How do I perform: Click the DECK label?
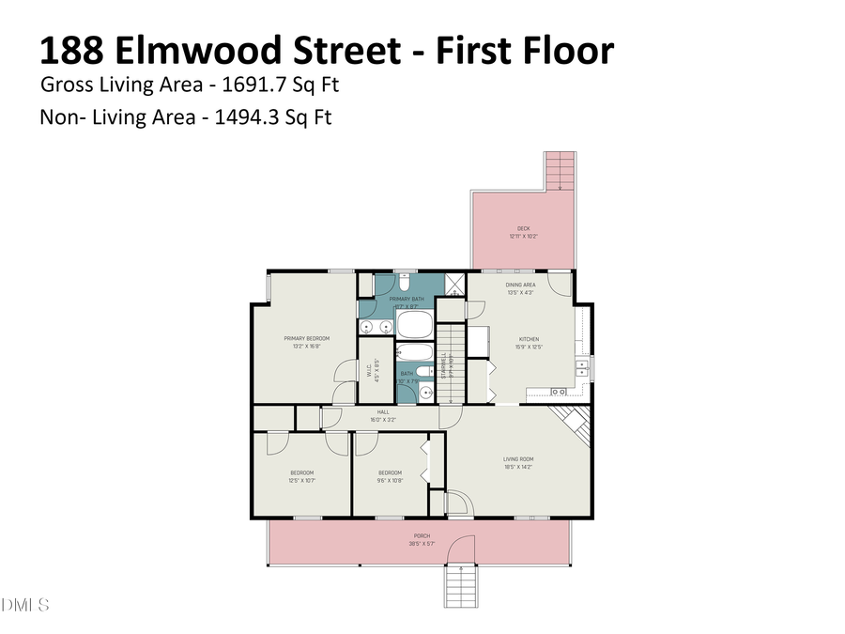(524, 228)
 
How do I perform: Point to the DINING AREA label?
(521, 284)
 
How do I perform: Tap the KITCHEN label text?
(530, 339)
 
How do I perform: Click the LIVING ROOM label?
(518, 459)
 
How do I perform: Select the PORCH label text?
(421, 535)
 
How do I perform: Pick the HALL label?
(383, 411)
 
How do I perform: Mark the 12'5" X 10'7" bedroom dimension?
(301, 480)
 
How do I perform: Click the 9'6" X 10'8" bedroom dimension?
(390, 480)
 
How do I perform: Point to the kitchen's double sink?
(558, 391)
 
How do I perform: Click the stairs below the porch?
(460, 587)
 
